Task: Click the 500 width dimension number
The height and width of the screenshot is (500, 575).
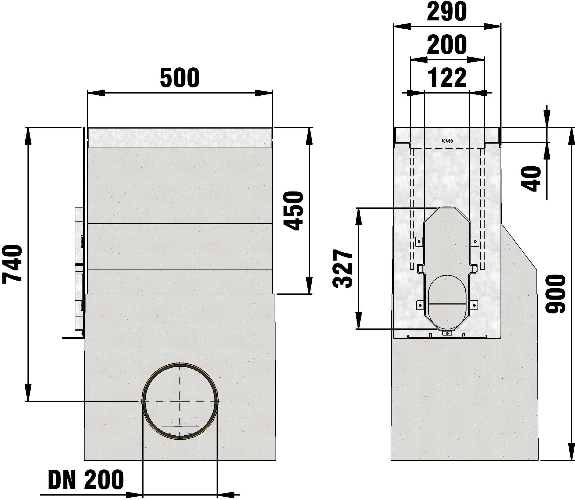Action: pyautogui.click(x=180, y=78)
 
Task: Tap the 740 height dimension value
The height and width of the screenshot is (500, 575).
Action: pyautogui.click(x=12, y=264)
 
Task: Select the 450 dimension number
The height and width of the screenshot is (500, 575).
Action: pyautogui.click(x=293, y=211)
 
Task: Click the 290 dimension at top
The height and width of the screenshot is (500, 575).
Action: pyautogui.click(x=447, y=12)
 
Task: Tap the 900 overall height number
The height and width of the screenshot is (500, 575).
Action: pyautogui.click(x=555, y=293)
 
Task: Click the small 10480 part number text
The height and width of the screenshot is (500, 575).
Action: pyautogui.click(x=447, y=141)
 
